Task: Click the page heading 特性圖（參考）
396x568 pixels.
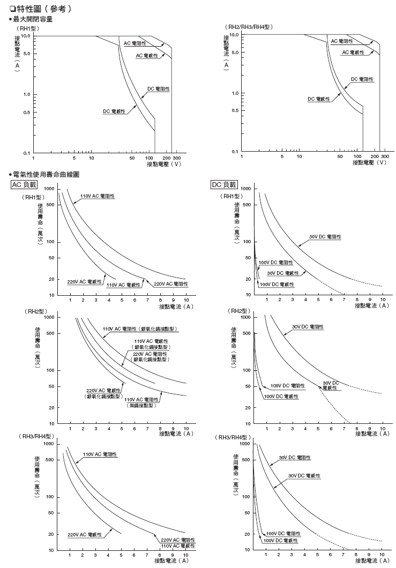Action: click(x=41, y=10)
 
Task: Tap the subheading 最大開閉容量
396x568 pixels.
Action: click(x=33, y=20)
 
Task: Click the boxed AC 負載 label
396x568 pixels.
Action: click(x=24, y=185)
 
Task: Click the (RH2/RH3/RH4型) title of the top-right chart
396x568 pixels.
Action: click(x=249, y=27)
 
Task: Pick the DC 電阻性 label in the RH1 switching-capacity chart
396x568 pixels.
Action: click(x=159, y=89)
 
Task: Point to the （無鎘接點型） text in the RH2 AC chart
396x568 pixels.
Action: click(x=141, y=406)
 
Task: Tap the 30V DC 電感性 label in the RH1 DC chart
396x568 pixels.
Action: click(x=283, y=273)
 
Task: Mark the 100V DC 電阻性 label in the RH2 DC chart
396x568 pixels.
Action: click(x=287, y=385)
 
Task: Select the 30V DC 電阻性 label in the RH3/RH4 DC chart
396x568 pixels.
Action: click(x=295, y=458)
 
